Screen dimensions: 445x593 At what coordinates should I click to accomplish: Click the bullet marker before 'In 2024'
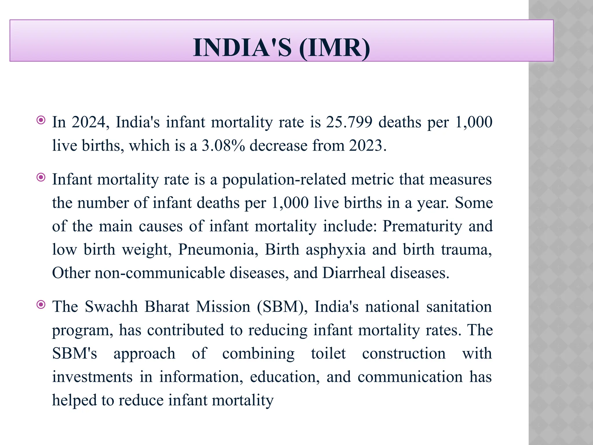41,120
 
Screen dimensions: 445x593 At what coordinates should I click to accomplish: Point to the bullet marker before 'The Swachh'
41,304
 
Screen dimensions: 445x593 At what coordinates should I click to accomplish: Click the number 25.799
349,122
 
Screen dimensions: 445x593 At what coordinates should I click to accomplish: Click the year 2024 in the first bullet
88,122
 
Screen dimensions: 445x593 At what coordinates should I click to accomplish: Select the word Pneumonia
218,249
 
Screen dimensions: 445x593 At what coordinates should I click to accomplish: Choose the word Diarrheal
353,273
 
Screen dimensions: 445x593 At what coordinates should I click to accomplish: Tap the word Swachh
111,307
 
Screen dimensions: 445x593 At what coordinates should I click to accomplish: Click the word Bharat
167,307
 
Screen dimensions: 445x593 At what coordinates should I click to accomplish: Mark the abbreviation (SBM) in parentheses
282,307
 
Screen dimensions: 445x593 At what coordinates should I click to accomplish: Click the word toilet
328,353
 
